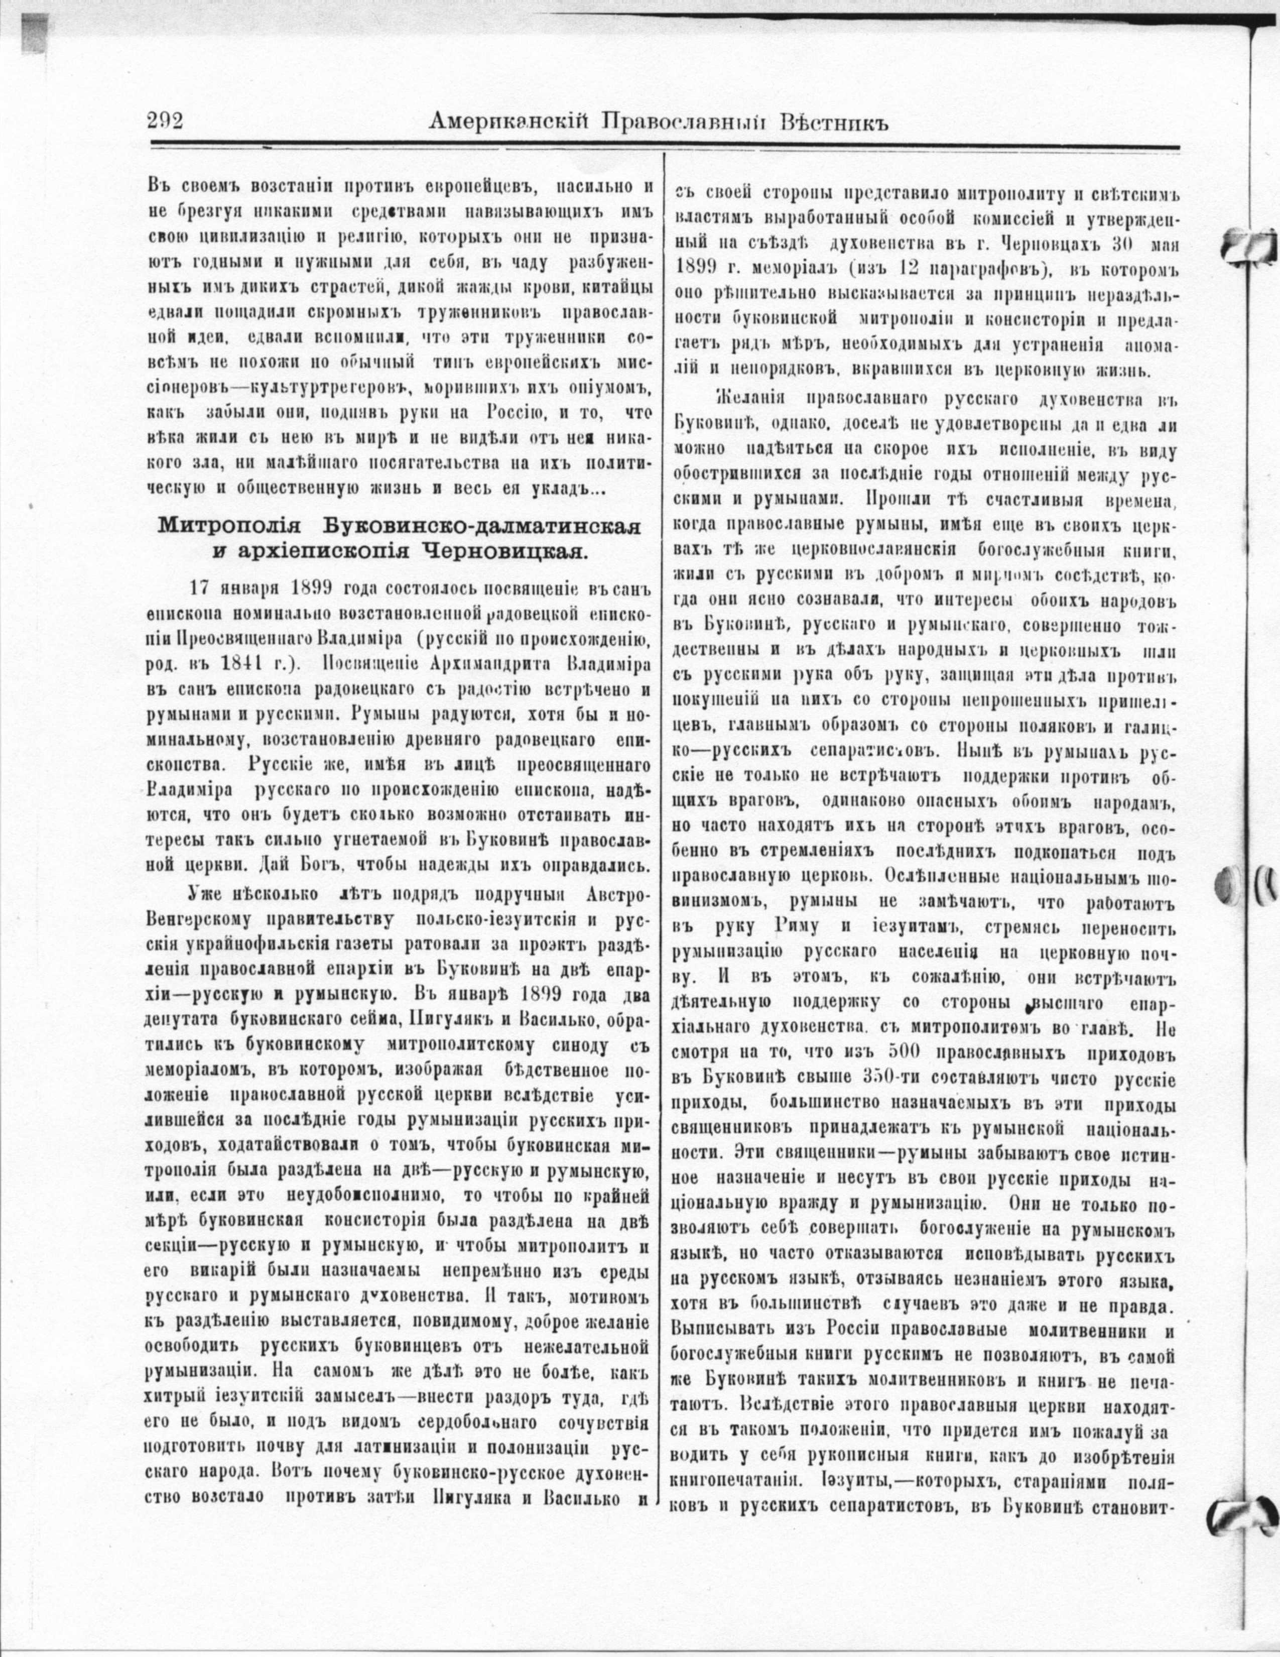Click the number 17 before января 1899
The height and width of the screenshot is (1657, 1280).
click(199, 589)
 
